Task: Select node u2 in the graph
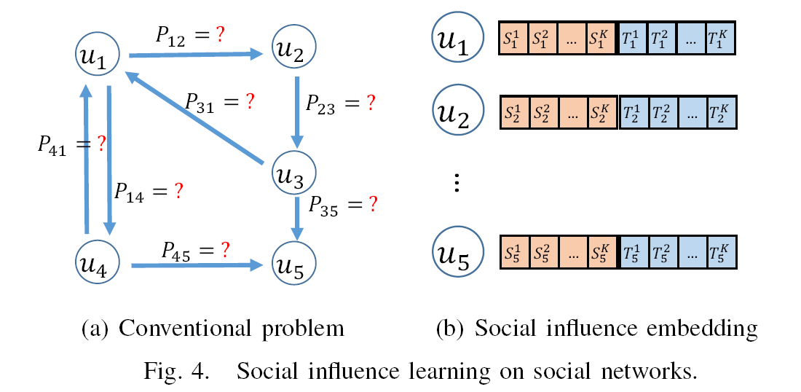tap(293, 49)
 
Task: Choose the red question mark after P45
tap(225, 251)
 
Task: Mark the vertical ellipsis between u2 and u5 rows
tap(457, 184)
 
